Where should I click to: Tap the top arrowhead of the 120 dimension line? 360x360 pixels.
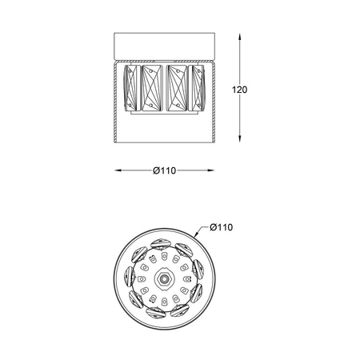[242, 36]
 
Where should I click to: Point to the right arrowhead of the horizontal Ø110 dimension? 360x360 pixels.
[214, 170]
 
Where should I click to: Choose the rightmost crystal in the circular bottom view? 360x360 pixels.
[197, 275]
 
